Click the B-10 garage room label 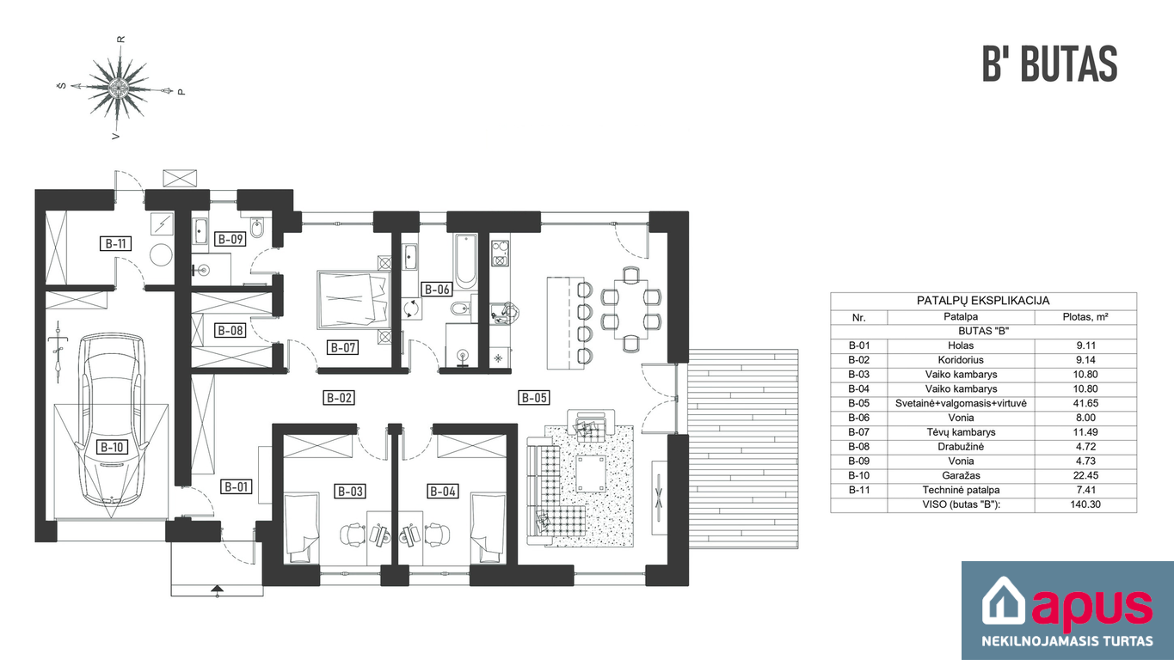point(112,447)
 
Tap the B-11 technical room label point(115,243)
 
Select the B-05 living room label point(534,398)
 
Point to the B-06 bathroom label point(437,289)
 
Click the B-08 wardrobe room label point(230,331)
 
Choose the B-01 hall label point(237,486)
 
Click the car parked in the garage point(112,419)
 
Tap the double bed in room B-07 point(354,300)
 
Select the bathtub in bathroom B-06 point(465,261)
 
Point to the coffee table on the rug point(591,474)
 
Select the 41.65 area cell point(1085,403)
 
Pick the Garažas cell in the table point(961,475)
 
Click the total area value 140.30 point(1085,504)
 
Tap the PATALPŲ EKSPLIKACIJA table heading point(983,301)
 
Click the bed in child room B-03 point(301,528)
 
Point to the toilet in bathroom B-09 point(257,228)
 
